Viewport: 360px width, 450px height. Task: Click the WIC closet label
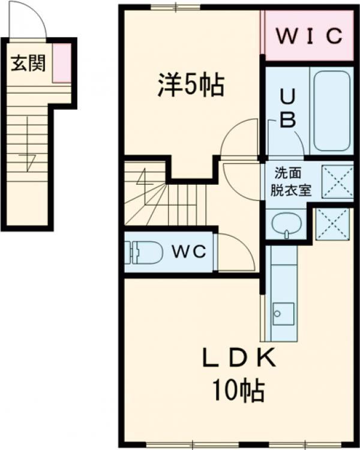coord(309,35)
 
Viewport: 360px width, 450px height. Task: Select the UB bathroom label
coord(287,108)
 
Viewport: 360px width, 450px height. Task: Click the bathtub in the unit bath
coord(332,109)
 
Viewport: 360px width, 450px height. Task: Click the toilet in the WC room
coord(144,253)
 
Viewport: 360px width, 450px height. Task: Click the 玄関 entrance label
coord(27,62)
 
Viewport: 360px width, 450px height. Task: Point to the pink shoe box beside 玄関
coord(61,62)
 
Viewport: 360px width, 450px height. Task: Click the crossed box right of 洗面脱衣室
coord(337,180)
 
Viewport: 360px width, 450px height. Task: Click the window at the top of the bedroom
coord(175,7)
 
